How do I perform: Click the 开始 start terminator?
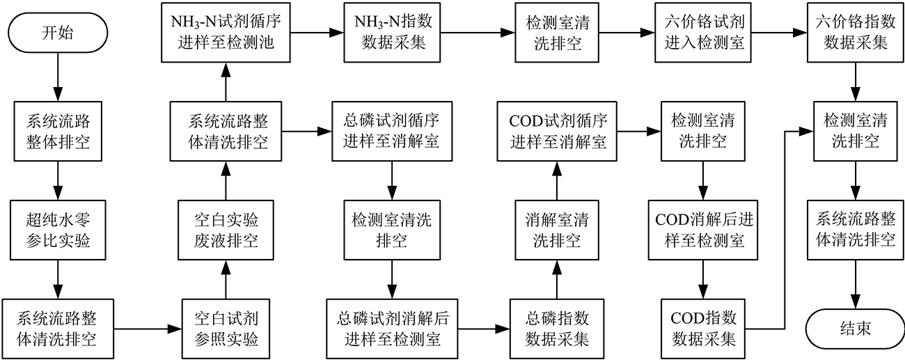tap(58, 33)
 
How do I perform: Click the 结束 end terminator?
tap(856, 329)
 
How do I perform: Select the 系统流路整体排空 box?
tap(58, 132)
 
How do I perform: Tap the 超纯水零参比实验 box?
tap(58, 230)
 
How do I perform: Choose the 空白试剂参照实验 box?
tap(226, 329)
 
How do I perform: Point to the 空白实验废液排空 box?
tap(226, 230)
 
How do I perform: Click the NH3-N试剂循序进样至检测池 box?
tap(226, 33)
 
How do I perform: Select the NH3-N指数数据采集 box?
tap(393, 33)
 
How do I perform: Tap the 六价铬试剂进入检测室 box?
tap(703, 33)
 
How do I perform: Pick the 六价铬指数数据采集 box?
tap(856, 33)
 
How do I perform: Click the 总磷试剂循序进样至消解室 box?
tap(392, 132)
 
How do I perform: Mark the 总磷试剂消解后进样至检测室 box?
tap(393, 329)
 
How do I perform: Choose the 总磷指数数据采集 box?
tap(557, 329)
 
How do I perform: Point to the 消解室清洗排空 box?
tap(557, 230)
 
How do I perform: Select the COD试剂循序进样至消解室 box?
tap(557, 132)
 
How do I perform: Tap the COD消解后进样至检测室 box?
tap(703, 230)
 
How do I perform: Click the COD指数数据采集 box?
tap(703, 329)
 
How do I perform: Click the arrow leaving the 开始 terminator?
tap(58, 77)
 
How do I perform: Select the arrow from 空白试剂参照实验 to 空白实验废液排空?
tap(226, 280)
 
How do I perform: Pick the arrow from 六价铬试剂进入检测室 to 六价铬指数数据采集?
tap(779, 33)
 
